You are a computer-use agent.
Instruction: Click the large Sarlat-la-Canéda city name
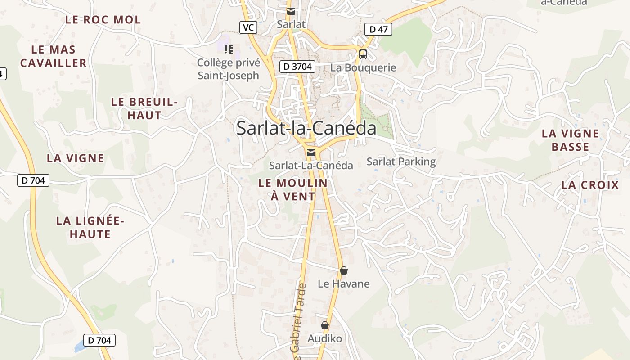[x=306, y=128]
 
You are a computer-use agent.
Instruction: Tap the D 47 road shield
[x=378, y=30]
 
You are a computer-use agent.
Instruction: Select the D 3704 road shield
[x=297, y=67]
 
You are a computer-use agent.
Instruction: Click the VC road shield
[x=248, y=27]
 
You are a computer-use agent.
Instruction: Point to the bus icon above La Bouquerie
[x=363, y=54]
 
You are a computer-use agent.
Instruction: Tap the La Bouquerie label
[x=363, y=68]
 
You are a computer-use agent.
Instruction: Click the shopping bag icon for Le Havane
[x=344, y=270]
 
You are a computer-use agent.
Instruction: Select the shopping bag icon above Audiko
[x=325, y=325]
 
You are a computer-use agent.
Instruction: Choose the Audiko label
[x=325, y=338]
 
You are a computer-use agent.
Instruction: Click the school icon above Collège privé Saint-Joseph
[x=229, y=49]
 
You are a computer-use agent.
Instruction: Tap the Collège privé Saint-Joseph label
[x=229, y=69]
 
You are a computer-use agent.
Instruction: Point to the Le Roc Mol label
[x=103, y=20]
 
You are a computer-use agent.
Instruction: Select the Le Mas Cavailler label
[x=54, y=56]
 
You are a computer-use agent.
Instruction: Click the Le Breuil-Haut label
[x=144, y=108]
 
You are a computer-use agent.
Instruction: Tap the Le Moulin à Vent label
[x=293, y=189]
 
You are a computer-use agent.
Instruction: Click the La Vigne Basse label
[x=571, y=140]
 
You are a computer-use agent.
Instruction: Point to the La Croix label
[x=590, y=185]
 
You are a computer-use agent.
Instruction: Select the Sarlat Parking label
[x=401, y=162]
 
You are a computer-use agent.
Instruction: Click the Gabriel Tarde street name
[x=298, y=322]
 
